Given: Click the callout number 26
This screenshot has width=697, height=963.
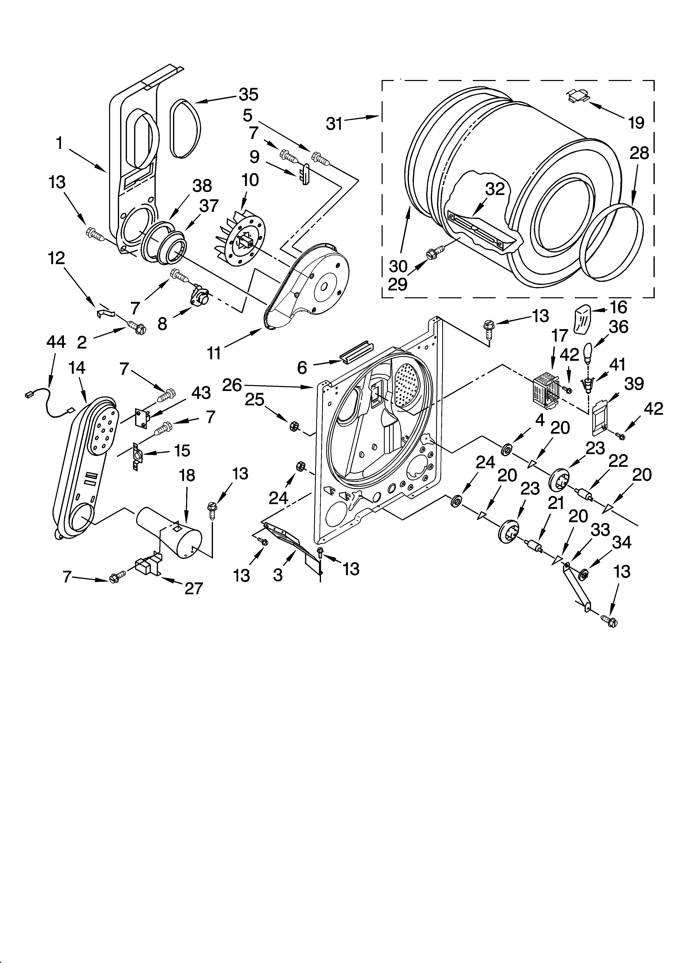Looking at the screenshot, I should (x=232, y=385).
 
